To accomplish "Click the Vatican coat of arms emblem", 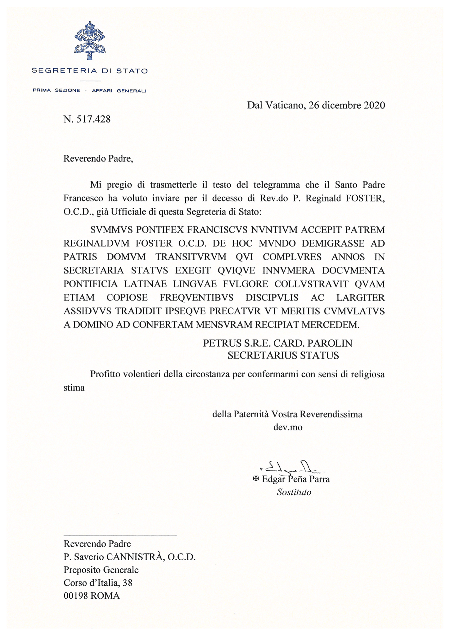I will click(x=90, y=40).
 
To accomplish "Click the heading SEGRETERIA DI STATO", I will click(x=90, y=71).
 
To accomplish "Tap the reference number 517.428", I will click(x=92, y=119).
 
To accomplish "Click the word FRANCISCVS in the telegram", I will click(x=217, y=230).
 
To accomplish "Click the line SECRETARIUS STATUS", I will click(x=283, y=355).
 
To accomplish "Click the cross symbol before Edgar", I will click(x=256, y=479).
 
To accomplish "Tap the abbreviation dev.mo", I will click(x=288, y=427).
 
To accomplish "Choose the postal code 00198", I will click(x=76, y=596).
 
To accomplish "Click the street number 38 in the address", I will click(x=128, y=583).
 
